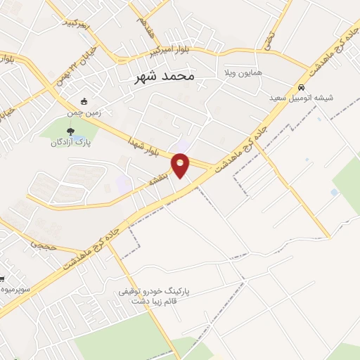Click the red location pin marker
181,165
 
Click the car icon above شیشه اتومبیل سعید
302,88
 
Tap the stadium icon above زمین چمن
84,100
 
